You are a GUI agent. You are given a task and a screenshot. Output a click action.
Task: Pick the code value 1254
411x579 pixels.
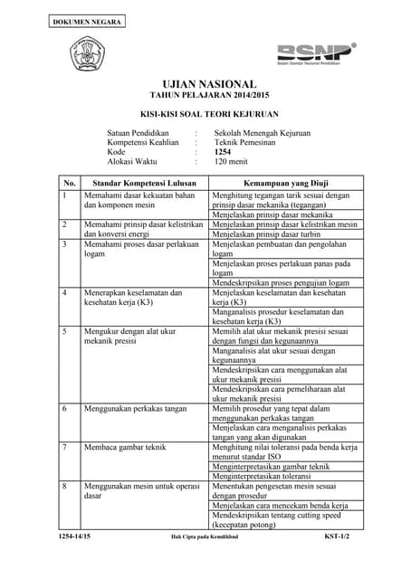pos(223,152)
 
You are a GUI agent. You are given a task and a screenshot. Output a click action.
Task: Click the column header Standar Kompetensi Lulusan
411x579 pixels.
pos(133,183)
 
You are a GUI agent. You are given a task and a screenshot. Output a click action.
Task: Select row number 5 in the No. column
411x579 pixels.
pos(64,331)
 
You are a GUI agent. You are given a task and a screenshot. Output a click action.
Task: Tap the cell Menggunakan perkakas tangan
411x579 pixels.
pos(135,408)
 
